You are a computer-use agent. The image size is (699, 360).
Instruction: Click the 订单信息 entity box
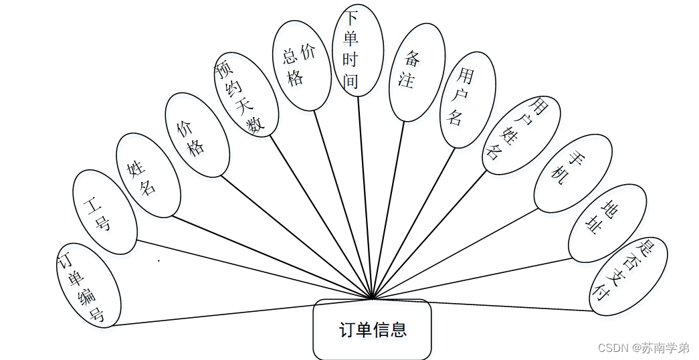pos(372,330)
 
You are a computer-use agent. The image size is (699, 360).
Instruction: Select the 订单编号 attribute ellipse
pos(89,285)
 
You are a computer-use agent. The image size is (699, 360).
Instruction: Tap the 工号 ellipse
pos(104,212)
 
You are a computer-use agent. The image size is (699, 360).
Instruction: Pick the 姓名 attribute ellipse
pos(148,175)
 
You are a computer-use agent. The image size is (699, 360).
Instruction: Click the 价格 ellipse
pos(197,135)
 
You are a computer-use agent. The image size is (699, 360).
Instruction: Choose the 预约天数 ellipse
pos(245,94)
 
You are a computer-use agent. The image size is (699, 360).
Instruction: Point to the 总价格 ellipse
pos(301,66)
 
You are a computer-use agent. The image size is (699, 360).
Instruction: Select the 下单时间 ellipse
pos(357,50)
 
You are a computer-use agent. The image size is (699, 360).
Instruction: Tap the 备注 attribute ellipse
pos(417,72)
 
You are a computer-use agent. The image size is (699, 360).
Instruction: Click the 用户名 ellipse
pos(467,100)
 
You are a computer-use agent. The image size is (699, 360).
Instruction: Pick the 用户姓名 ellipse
pos(520,136)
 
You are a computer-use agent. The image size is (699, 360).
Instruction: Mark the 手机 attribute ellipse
pos(573,173)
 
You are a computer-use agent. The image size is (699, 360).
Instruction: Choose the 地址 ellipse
pos(607,223)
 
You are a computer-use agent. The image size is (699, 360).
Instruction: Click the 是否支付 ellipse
pos(627,276)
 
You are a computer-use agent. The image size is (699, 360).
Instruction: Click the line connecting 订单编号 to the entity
pos(241,312)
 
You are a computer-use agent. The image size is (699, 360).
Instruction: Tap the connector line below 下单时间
pos(365,194)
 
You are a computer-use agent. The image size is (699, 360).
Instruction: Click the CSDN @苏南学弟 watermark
pos(643,348)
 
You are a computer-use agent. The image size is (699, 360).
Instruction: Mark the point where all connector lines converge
pos(372,298)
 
